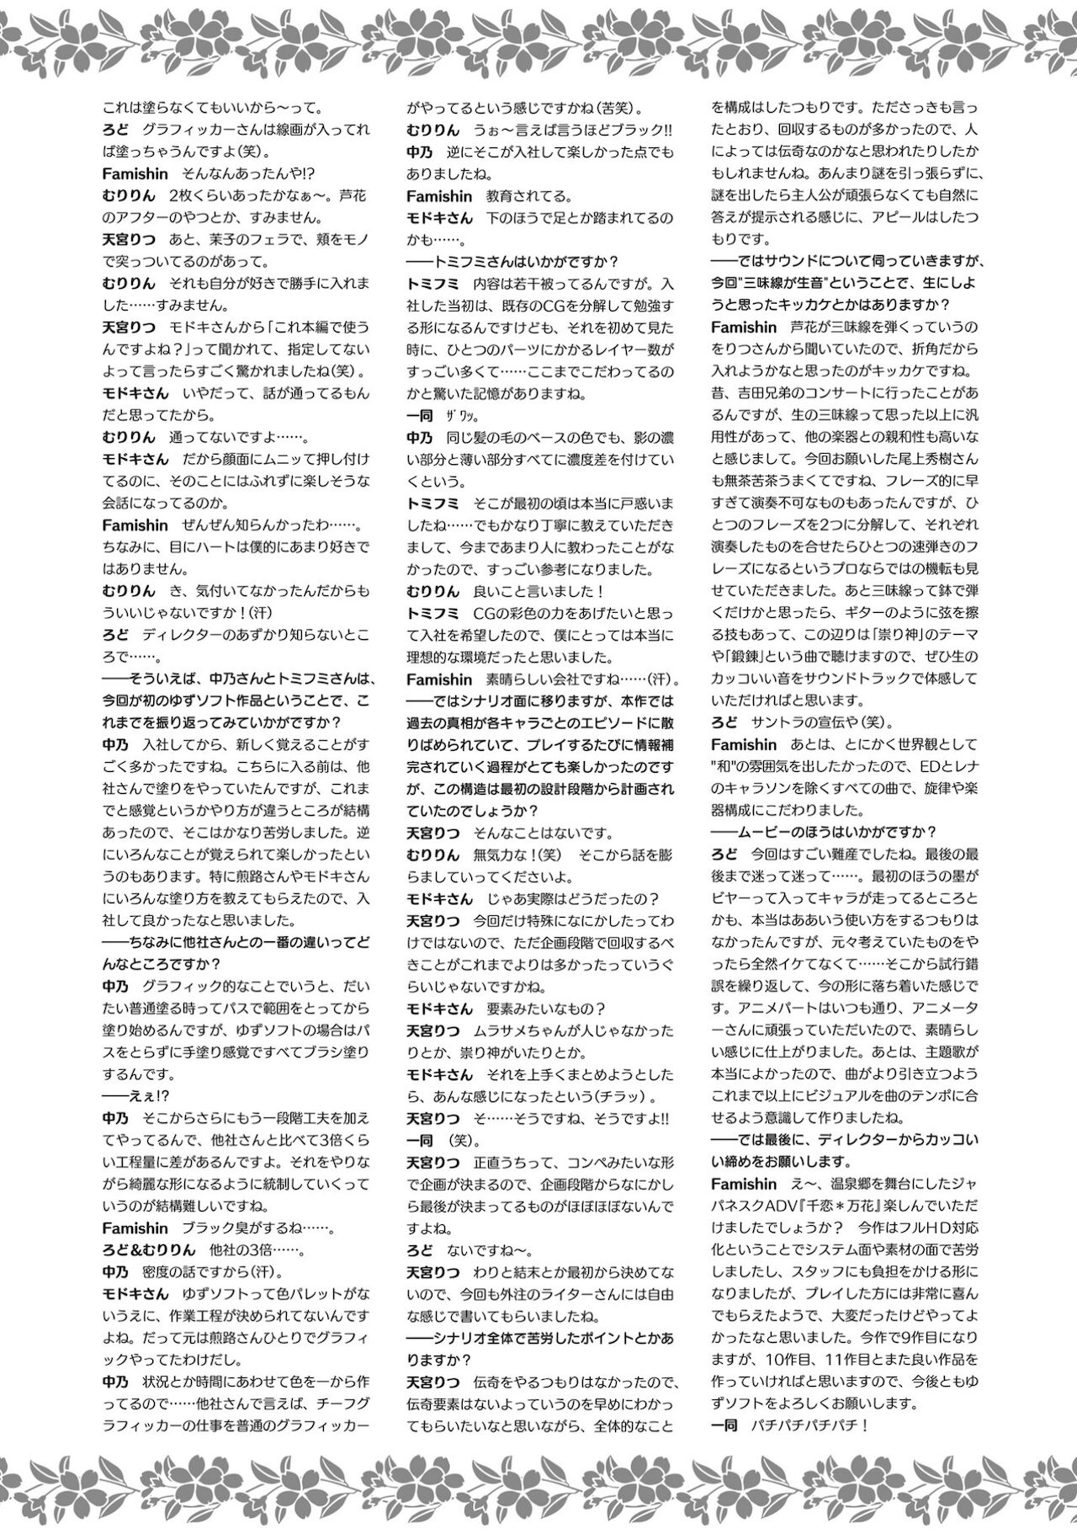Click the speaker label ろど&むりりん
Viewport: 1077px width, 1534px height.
pyautogui.click(x=148, y=1249)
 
